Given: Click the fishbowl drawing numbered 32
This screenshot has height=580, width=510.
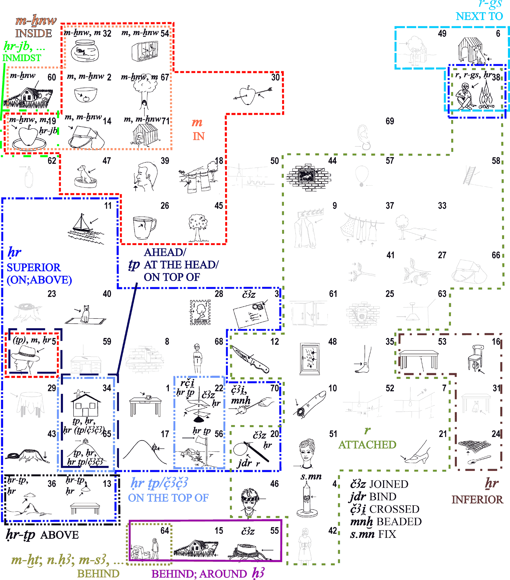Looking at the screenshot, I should [x=85, y=51].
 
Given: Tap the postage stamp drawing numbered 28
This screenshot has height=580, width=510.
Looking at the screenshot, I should [x=200, y=312].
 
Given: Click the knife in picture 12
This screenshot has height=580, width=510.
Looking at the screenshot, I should [x=250, y=359].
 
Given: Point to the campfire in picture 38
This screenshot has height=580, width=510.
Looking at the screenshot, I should [x=486, y=95].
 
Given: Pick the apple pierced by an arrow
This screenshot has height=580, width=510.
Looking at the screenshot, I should [x=248, y=96].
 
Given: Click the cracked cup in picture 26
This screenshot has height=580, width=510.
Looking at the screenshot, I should [x=143, y=227].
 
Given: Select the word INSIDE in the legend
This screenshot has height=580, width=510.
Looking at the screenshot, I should [x=33, y=33].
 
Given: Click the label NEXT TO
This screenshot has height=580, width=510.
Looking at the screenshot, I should [x=479, y=16].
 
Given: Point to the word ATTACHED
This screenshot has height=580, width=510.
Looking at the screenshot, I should [x=367, y=445].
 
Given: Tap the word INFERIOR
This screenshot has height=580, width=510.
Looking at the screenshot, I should [x=477, y=499].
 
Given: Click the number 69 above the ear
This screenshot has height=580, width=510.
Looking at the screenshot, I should [x=390, y=121].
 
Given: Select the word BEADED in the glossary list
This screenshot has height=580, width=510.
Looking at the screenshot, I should [x=399, y=521].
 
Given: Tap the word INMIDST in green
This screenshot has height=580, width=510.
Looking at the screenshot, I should [x=22, y=58].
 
